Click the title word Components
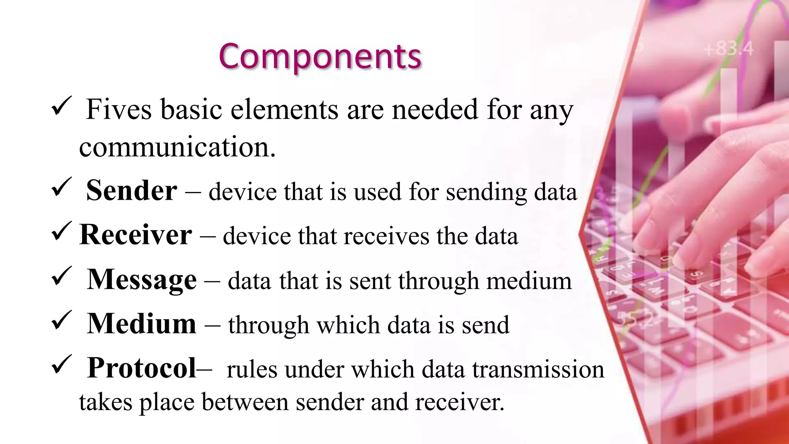(320, 57)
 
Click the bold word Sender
(131, 190)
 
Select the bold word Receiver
(135, 234)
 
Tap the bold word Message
(142, 280)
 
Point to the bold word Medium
(142, 324)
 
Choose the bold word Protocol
(142, 368)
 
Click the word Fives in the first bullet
(119, 109)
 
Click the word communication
(177, 147)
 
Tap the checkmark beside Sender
(61, 187)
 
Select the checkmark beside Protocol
(61, 365)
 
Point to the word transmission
(538, 369)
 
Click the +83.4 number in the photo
(728, 49)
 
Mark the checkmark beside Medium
(61, 320)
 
